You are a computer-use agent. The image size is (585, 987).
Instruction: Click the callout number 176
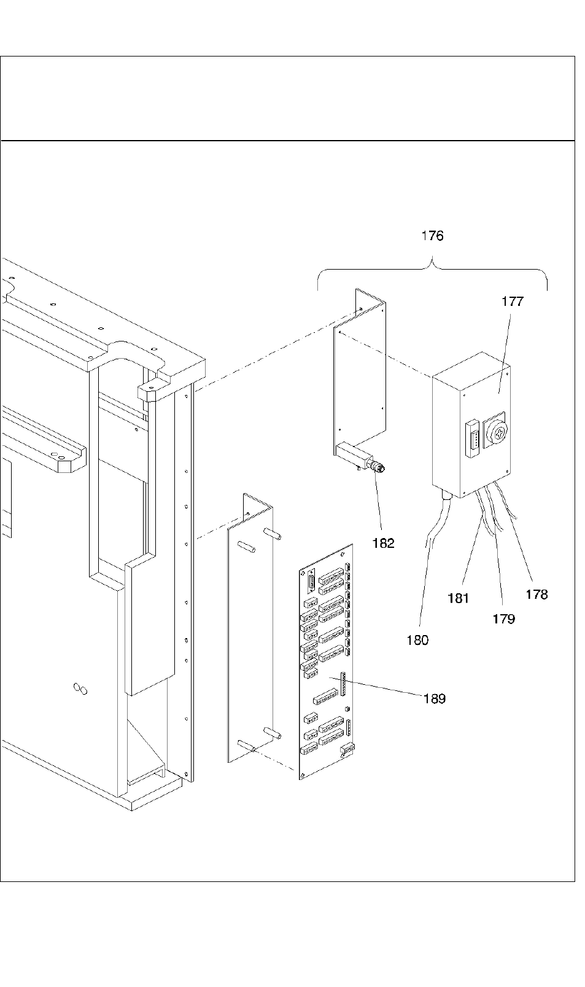click(432, 236)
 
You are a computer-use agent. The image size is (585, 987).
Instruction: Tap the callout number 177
click(513, 302)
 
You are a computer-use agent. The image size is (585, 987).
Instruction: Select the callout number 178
click(537, 595)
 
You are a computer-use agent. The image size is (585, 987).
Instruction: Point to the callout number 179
click(503, 619)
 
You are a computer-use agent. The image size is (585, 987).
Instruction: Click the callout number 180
click(417, 640)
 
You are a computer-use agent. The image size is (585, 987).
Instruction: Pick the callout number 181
click(458, 598)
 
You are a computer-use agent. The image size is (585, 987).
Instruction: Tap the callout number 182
click(383, 544)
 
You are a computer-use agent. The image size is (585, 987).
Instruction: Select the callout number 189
click(435, 698)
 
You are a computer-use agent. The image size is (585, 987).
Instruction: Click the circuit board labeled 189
click(326, 661)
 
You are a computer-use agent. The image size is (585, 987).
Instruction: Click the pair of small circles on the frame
click(80, 689)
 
